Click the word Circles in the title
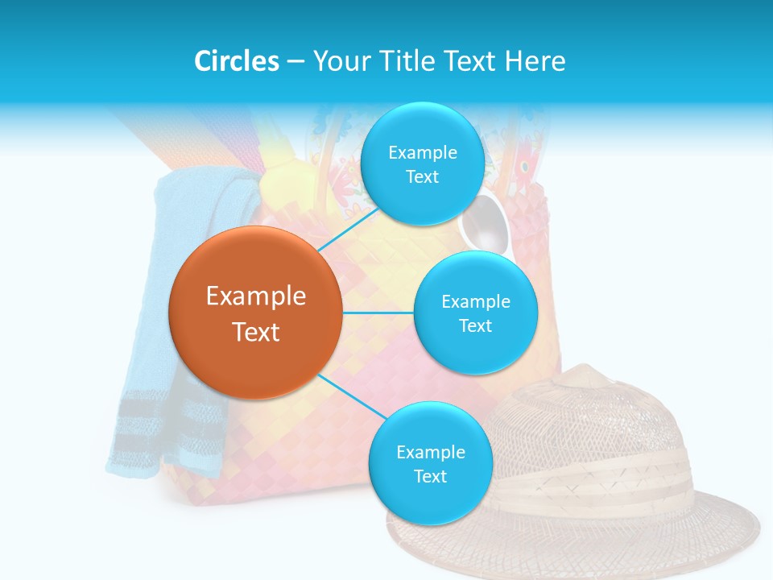(x=236, y=61)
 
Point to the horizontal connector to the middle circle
(x=378, y=313)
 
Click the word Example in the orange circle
(x=256, y=296)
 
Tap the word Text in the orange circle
(x=256, y=332)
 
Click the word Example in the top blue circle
(x=423, y=152)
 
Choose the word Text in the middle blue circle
(x=475, y=325)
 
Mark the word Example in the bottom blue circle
(x=431, y=452)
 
